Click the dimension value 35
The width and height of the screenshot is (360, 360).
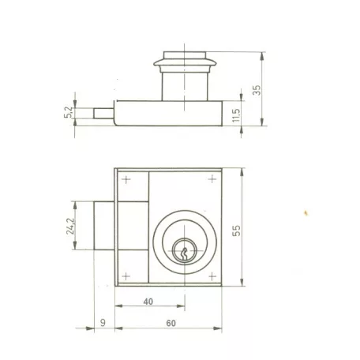pos(257,90)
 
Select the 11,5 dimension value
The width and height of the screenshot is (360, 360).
pos(236,115)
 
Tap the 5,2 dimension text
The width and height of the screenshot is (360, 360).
pos(68,112)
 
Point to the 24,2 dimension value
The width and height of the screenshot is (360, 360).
pos(70,226)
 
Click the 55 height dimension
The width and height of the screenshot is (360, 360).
pos(236,231)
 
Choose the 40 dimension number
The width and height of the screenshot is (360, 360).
pos(148,302)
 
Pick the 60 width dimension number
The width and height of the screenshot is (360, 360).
pos(171,323)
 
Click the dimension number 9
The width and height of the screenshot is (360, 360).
pos(103,323)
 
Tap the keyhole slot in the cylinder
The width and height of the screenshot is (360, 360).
pos(184,254)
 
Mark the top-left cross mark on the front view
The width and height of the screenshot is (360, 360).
pos(126,180)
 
